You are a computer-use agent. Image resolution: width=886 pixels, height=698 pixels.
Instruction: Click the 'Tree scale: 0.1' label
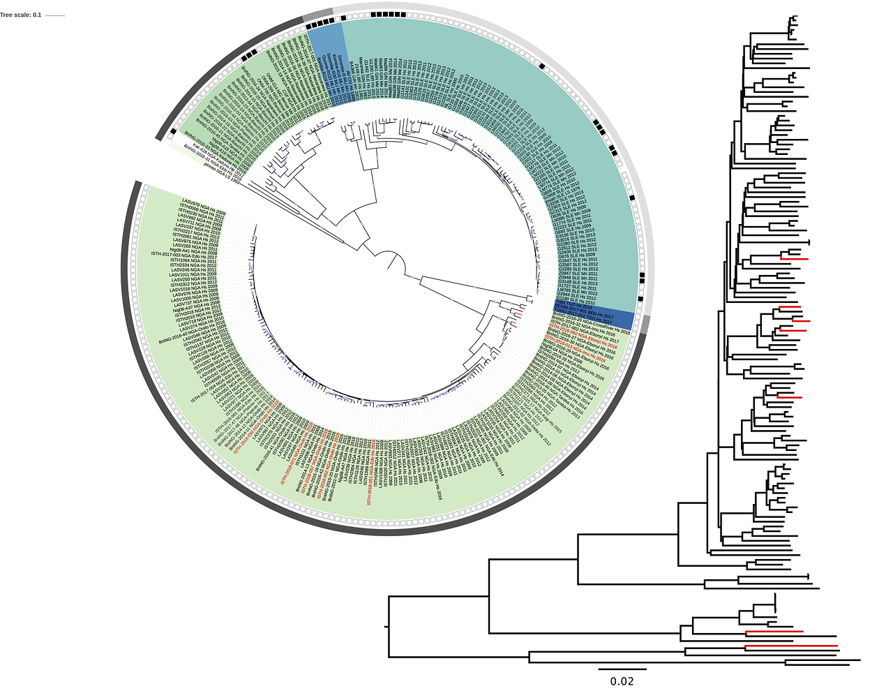click(21, 15)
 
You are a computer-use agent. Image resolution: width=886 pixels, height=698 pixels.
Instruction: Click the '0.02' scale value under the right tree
click(622, 681)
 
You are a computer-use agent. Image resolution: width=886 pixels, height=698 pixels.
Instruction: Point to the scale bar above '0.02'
click(622, 669)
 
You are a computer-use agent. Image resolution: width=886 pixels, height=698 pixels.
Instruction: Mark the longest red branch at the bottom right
click(790, 646)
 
